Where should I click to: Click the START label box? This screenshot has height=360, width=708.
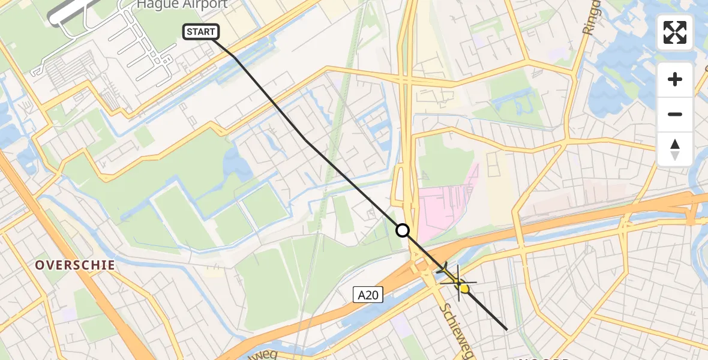pyautogui.click(x=201, y=32)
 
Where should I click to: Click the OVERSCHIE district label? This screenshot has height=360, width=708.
pyautogui.click(x=74, y=265)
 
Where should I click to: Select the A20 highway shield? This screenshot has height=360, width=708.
pyautogui.click(x=368, y=294)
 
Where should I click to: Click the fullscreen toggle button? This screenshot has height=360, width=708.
pyautogui.click(x=675, y=32)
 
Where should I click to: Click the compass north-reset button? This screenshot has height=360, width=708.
pyautogui.click(x=675, y=149)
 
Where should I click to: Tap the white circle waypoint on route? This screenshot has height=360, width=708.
pyautogui.click(x=403, y=230)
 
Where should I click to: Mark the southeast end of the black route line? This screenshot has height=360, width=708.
pyautogui.click(x=507, y=329)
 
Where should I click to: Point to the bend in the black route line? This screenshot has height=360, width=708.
pyautogui.click(x=305, y=140)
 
